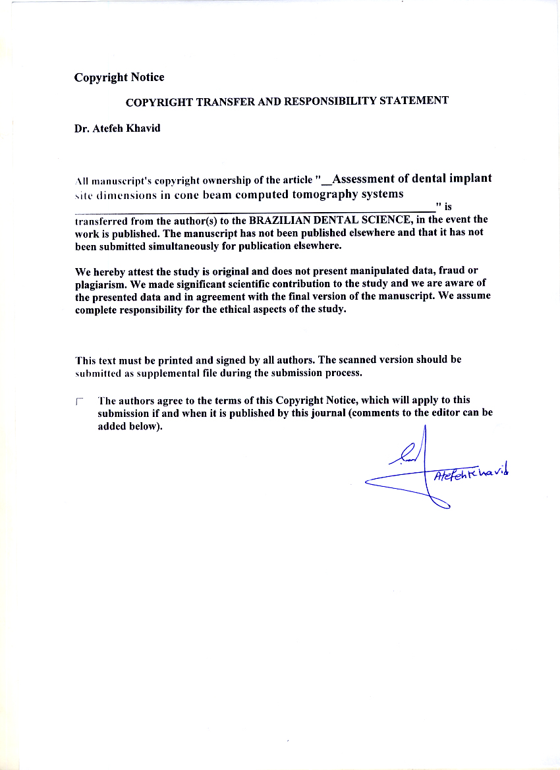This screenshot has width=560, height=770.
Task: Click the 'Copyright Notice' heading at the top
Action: coord(119,78)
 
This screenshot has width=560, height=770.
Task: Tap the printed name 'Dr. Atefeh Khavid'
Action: coord(117,128)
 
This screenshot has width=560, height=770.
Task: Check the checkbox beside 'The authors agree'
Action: coord(80,400)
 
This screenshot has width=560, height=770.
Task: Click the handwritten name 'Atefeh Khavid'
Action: coord(472,473)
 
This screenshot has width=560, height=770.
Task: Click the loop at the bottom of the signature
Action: coord(441,503)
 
